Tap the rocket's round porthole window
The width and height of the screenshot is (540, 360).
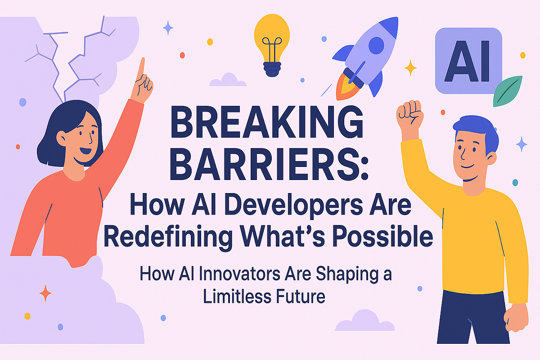376,45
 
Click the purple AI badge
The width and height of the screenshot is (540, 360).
468,61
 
